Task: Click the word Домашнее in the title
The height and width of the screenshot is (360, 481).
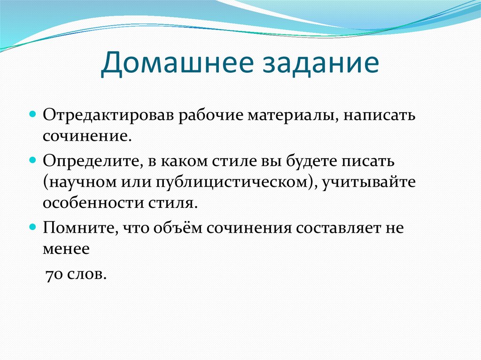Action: [x=177, y=63]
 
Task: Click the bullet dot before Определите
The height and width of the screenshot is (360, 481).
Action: [x=32, y=160]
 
